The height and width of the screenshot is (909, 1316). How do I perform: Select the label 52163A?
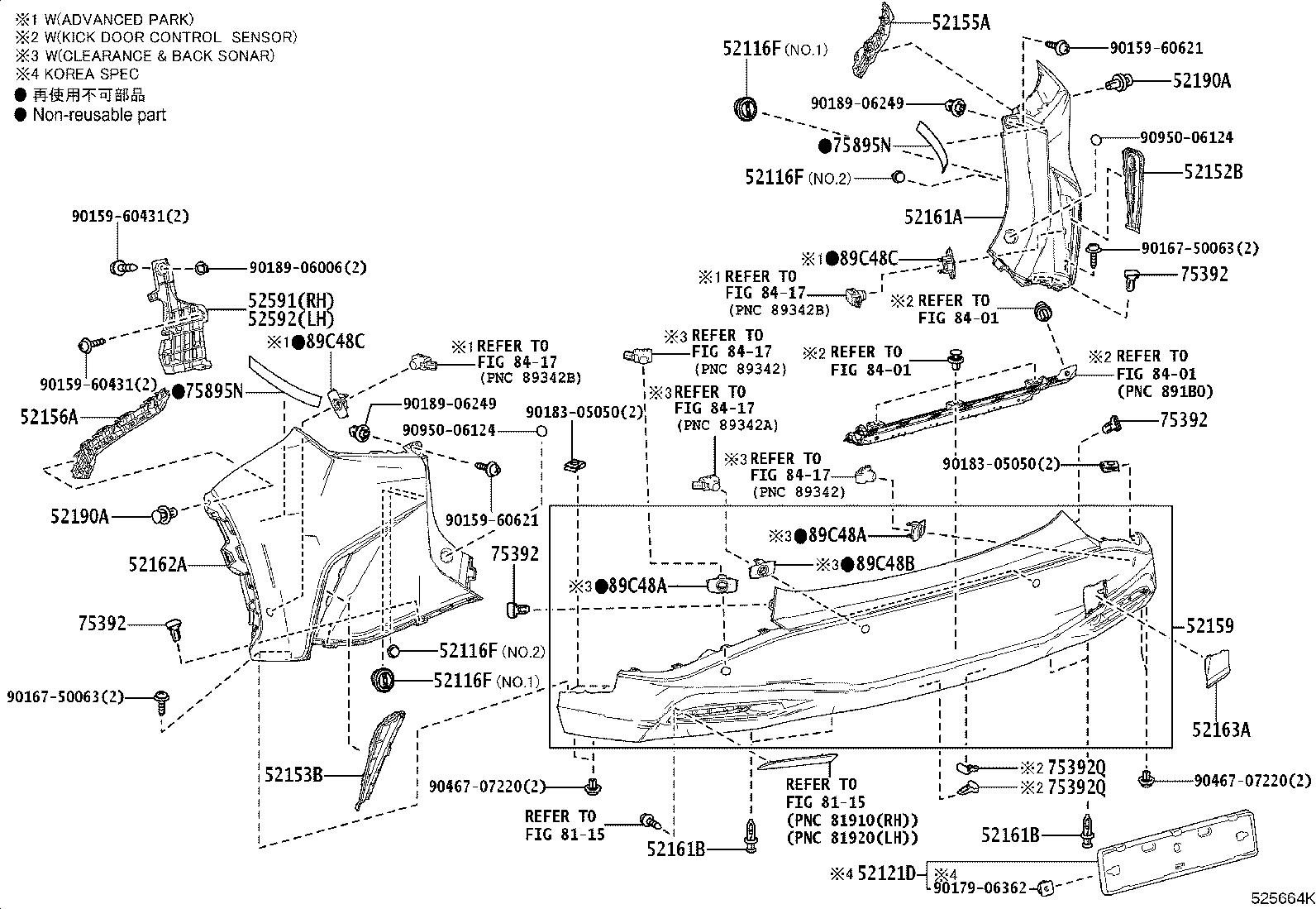pos(1221,730)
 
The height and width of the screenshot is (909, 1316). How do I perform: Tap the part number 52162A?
pos(157,565)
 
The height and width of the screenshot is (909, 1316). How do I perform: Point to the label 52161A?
pos(933,217)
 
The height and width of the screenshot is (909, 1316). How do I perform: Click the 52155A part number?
pos(961,22)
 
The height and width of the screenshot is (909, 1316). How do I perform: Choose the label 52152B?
pos(1213,172)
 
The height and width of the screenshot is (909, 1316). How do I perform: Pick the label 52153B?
pos(293,775)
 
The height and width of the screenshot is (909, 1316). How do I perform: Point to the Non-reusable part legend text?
pos(99,115)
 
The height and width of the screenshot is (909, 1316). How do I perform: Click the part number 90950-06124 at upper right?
pos(1185,138)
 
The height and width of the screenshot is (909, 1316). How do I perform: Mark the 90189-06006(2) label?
pos(308,268)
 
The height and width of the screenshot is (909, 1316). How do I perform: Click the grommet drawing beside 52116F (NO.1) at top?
pos(746,108)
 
